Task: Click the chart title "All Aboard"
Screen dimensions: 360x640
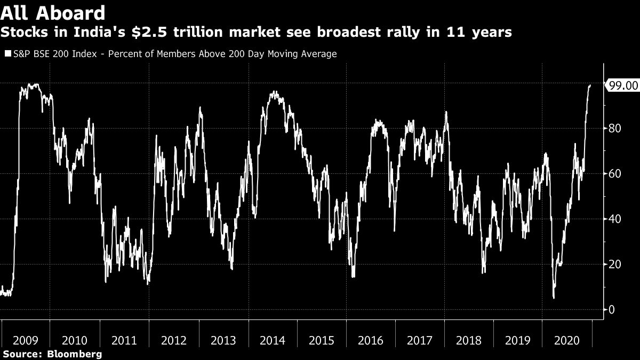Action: pyautogui.click(x=53, y=12)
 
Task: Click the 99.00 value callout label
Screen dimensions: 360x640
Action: pyautogui.click(x=623, y=85)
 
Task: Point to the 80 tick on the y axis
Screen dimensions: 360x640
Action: pyautogui.click(x=615, y=129)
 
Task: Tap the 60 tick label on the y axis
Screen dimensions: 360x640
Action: pyautogui.click(x=615, y=174)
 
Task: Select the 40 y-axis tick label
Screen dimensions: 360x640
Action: pyautogui.click(x=615, y=219)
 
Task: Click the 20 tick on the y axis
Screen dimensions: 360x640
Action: pyautogui.click(x=615, y=265)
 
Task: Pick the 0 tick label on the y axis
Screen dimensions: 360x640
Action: pyautogui.click(x=612, y=310)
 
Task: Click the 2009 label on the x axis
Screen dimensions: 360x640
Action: pyautogui.click(x=25, y=341)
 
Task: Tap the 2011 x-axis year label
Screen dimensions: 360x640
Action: pyautogui.click(x=124, y=341)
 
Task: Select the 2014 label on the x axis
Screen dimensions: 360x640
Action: pyautogui.click(x=272, y=341)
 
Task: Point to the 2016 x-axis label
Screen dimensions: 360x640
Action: pyautogui.click(x=371, y=341)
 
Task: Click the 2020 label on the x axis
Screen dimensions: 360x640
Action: pyautogui.click(x=567, y=341)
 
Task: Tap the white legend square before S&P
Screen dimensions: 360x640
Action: pyautogui.click(x=7, y=54)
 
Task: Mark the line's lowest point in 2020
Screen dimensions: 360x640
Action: pyautogui.click(x=554, y=298)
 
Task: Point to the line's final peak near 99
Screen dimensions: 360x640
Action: pyautogui.click(x=590, y=85)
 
